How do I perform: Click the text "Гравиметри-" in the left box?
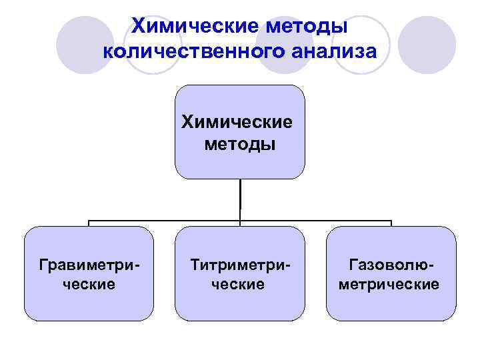tap(90, 266)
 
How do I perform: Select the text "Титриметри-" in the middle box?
tap(241, 266)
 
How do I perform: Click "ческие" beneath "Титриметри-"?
tap(241, 285)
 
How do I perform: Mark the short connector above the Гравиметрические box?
tap(89, 223)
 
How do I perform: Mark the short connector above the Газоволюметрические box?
tap(391, 223)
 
